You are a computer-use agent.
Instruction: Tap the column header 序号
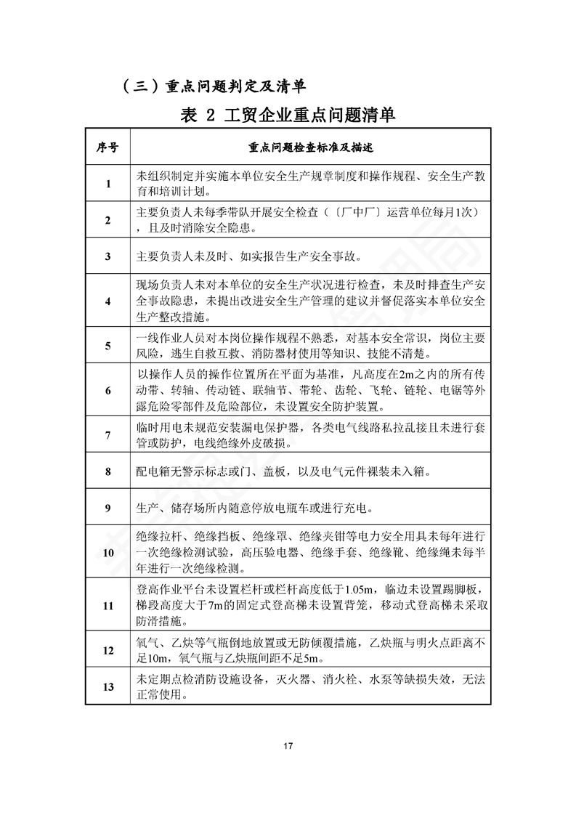pyautogui.click(x=108, y=147)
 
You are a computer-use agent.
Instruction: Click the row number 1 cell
pyautogui.click(x=108, y=184)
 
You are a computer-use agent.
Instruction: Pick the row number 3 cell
pyautogui.click(x=108, y=256)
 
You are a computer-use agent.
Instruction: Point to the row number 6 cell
pyautogui.click(x=108, y=390)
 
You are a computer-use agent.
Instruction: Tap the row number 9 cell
pyautogui.click(x=108, y=508)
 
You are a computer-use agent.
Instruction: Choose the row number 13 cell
pyautogui.click(x=108, y=686)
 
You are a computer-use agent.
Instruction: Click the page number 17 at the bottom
pyautogui.click(x=288, y=746)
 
